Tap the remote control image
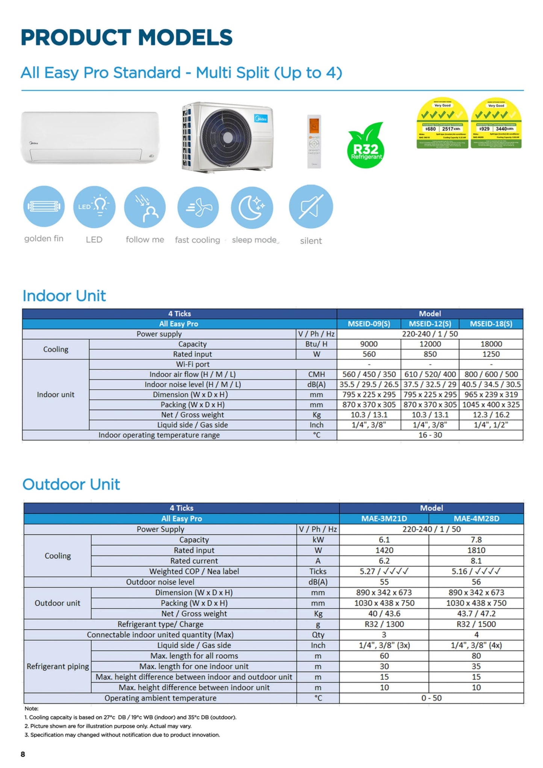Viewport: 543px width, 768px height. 314,141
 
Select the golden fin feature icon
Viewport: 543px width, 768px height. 44,206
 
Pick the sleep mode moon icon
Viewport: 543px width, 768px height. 252,208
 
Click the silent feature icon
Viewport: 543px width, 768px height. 311,207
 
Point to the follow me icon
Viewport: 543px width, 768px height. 145,208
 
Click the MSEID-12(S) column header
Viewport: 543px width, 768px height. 430,324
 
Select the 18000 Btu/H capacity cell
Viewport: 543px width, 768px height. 491,344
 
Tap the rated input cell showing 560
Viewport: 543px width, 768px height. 369,354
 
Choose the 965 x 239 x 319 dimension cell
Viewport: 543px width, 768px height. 491,395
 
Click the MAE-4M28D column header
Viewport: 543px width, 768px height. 476,519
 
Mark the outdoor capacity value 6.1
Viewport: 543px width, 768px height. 384,540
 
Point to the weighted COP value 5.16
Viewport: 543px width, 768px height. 476,571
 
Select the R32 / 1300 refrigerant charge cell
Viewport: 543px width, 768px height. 384,624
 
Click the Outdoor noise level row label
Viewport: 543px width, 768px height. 160,582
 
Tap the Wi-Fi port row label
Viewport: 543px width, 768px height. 192,364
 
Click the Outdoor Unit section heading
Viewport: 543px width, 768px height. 71,484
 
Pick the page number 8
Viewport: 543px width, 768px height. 23,754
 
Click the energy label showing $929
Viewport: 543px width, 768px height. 496,124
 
